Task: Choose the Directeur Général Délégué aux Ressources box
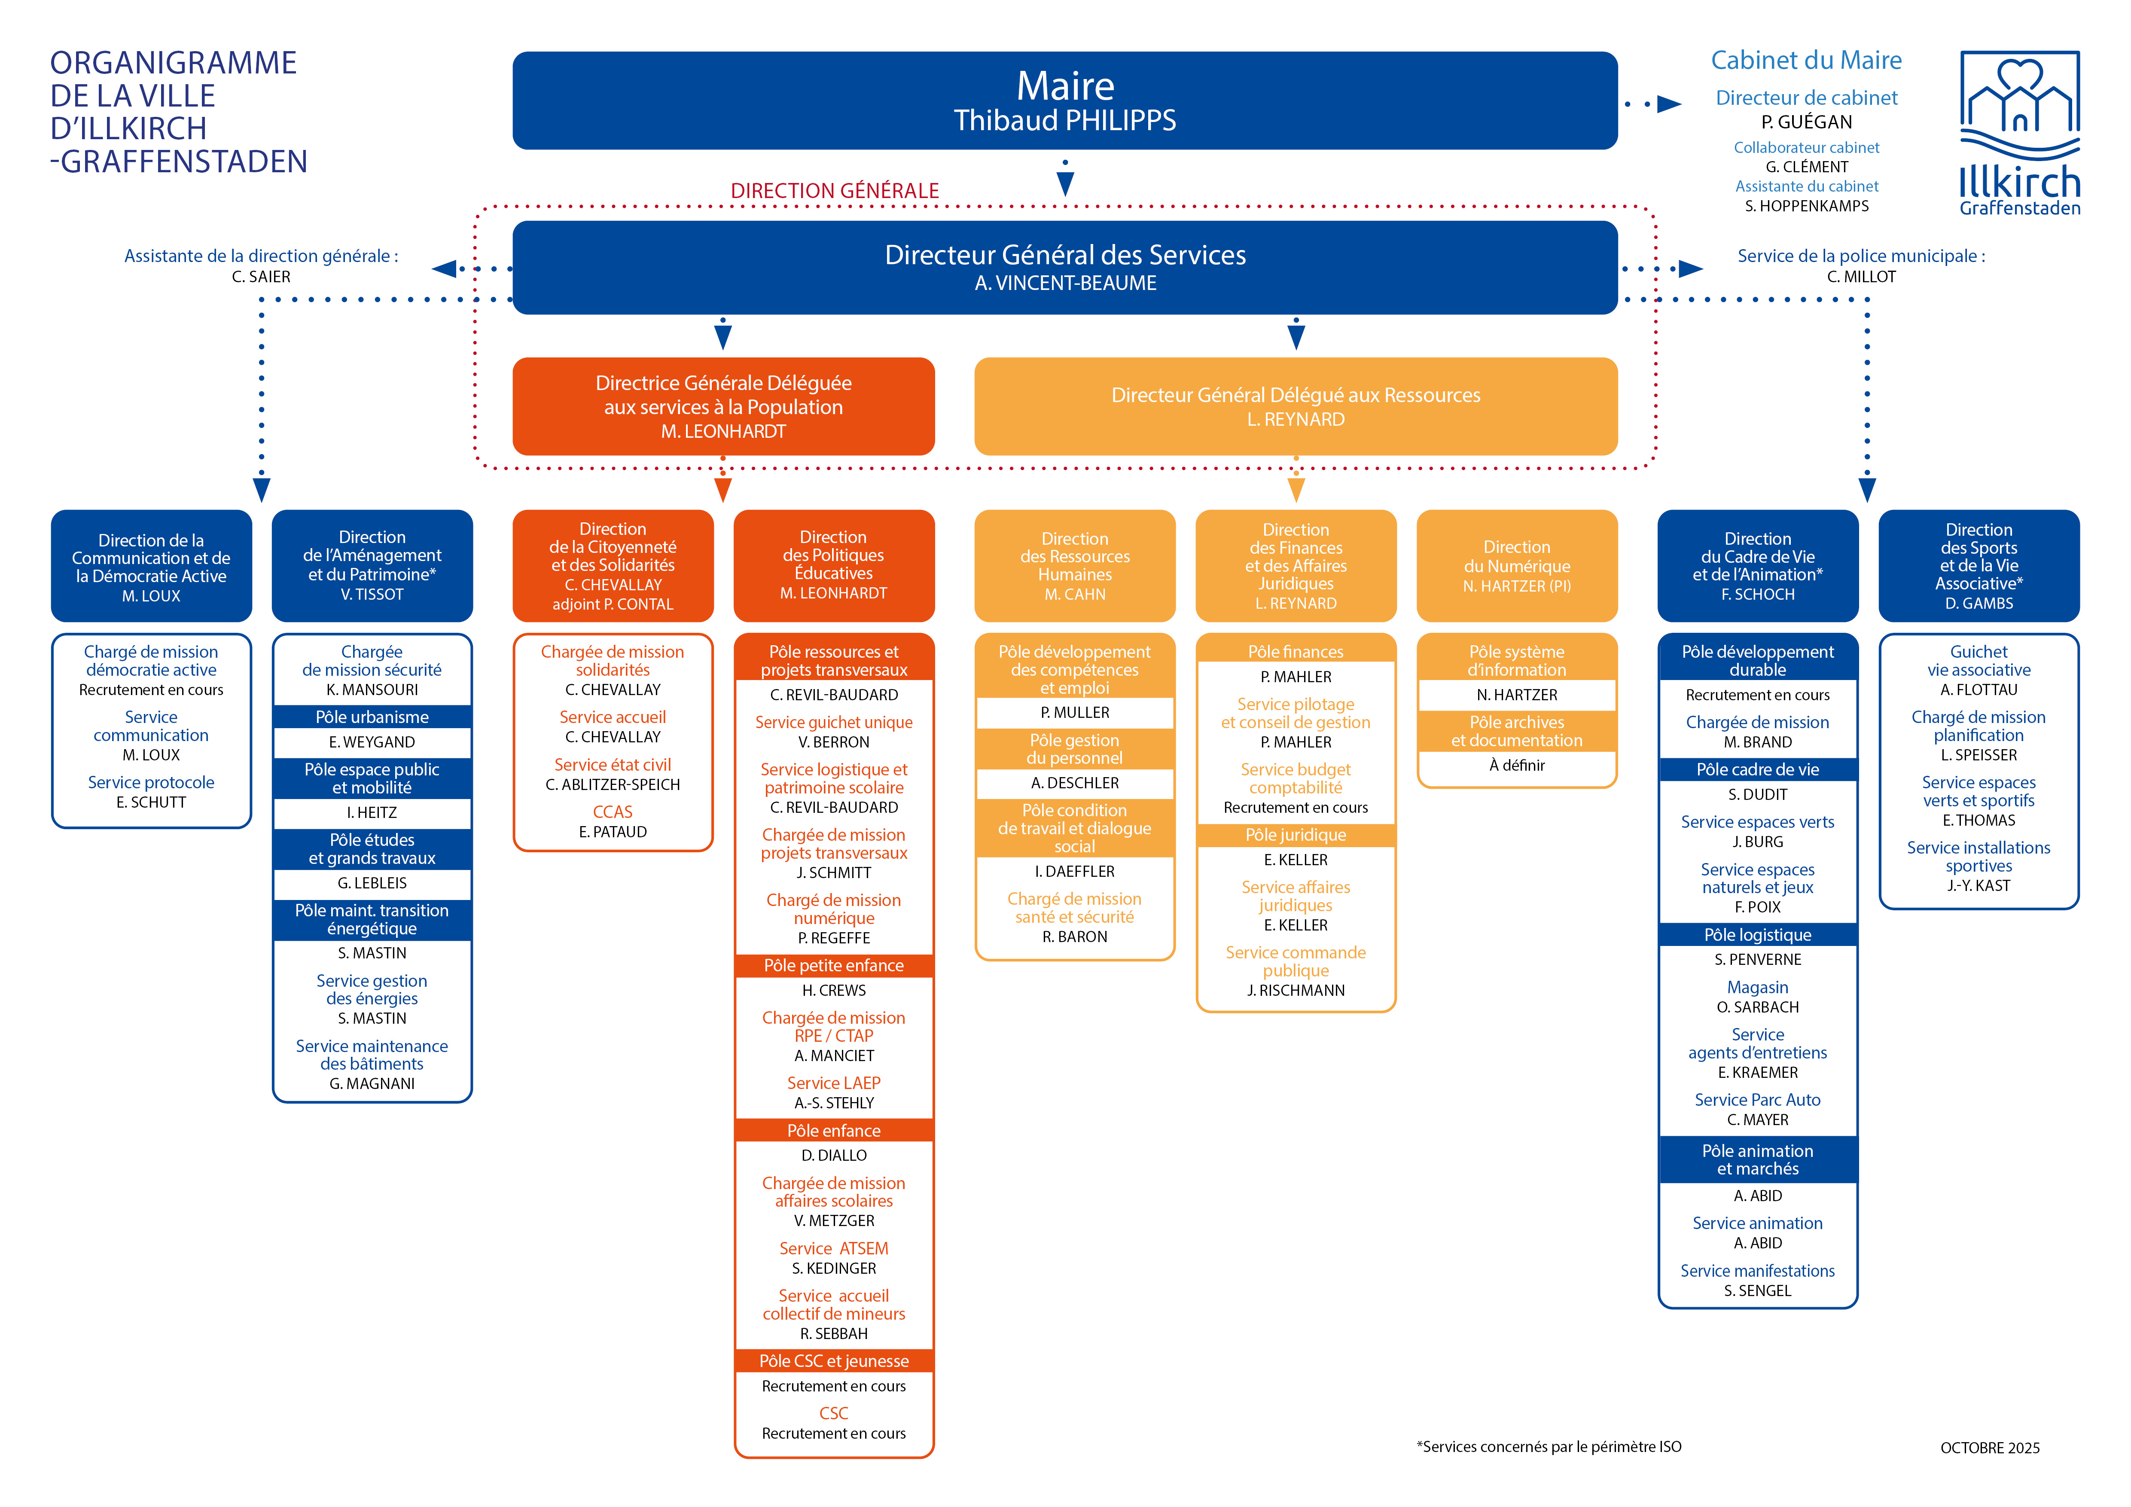coord(1296,406)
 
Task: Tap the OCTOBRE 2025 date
coord(1990,1448)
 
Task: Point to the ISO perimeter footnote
coord(1548,1447)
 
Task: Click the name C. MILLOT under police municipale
coord(1861,277)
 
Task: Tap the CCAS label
coord(613,812)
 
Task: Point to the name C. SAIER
coord(261,277)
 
